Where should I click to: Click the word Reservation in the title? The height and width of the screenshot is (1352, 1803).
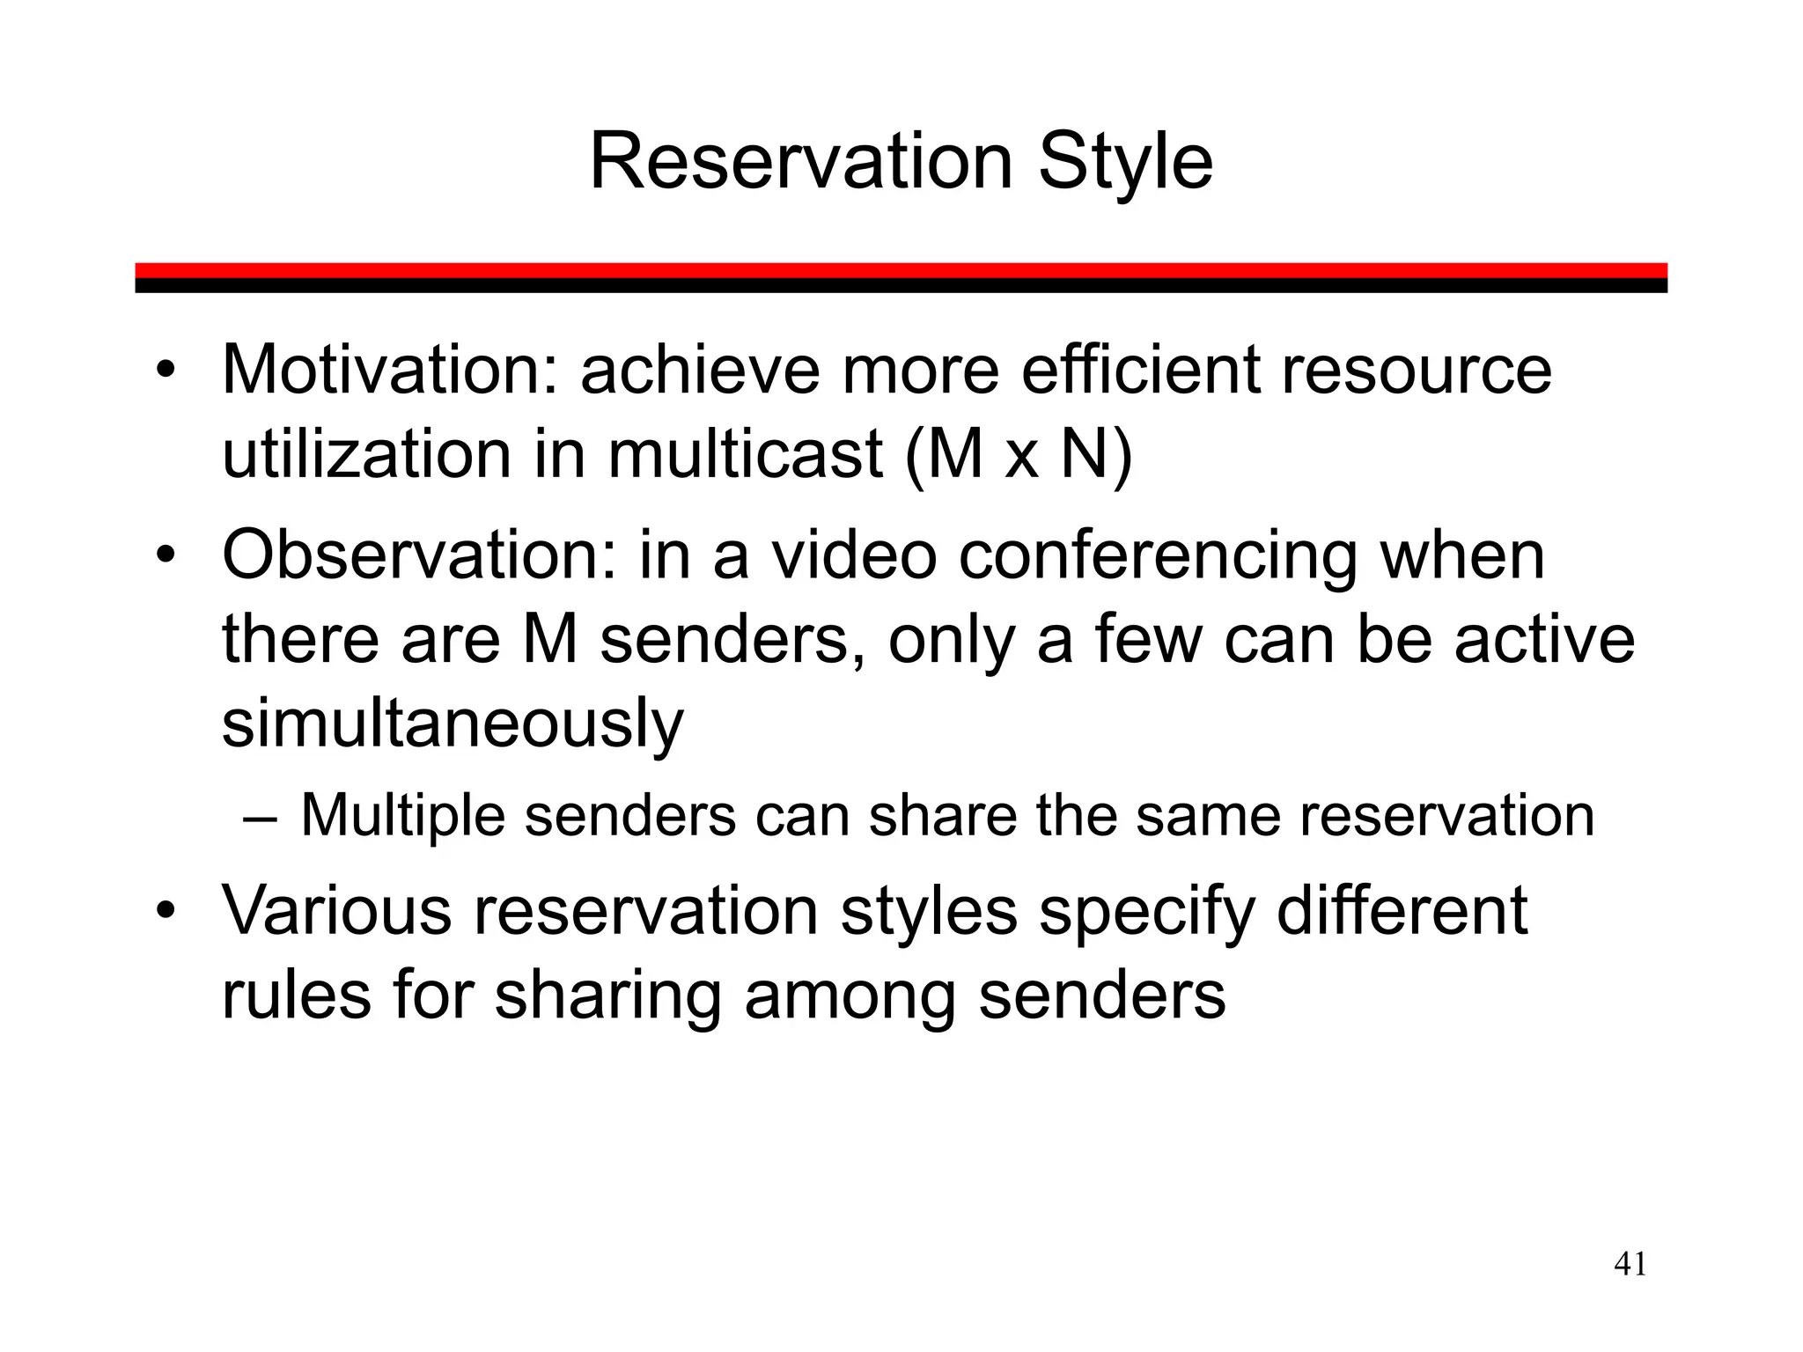coord(800,162)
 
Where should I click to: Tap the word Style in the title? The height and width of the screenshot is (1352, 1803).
coord(1125,164)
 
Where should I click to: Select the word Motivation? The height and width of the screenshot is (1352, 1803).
coord(388,371)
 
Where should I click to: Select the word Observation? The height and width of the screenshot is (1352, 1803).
coord(418,555)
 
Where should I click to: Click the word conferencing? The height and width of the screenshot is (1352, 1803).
coord(1156,557)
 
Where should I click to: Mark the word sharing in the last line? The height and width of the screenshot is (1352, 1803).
coord(608,997)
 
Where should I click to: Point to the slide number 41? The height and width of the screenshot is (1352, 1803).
coord(1630,1265)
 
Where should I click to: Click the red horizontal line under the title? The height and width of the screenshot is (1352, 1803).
coord(901,270)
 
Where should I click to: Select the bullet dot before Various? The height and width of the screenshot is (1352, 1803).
coord(166,912)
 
